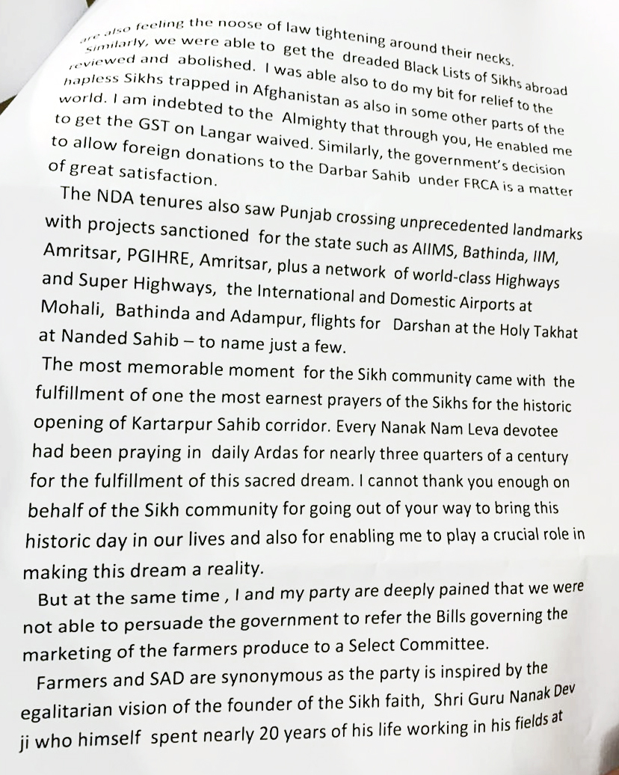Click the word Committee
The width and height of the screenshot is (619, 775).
(x=443, y=643)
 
